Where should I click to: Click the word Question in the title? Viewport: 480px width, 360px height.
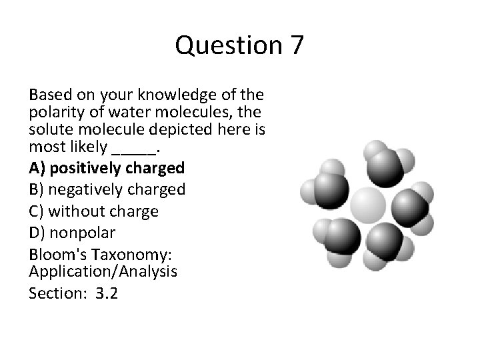click(x=227, y=46)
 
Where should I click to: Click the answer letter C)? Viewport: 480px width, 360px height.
click(x=37, y=211)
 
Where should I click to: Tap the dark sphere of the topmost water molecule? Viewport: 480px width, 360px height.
click(x=386, y=167)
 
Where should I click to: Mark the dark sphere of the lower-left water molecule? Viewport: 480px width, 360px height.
click(x=343, y=236)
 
